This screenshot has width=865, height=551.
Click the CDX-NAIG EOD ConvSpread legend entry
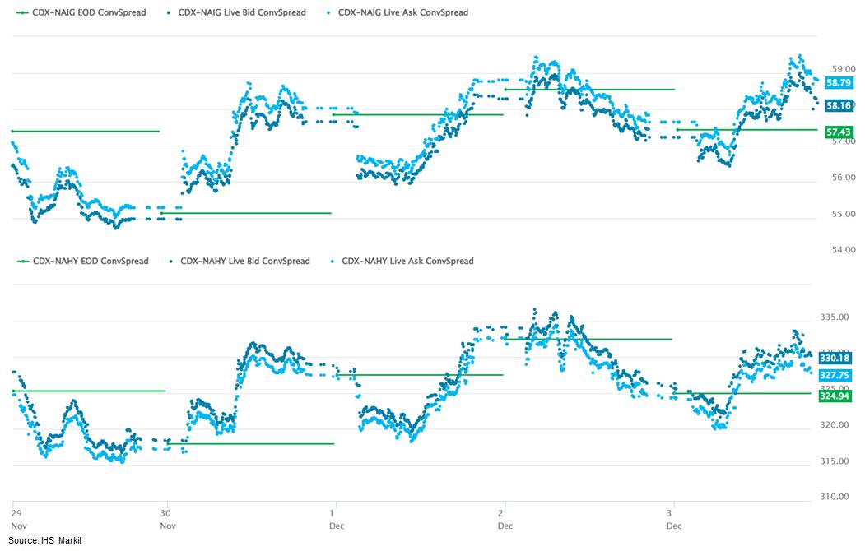tap(81, 12)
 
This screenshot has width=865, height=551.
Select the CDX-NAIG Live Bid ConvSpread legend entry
tap(236, 12)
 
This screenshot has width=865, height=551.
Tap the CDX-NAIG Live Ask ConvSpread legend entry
tap(398, 12)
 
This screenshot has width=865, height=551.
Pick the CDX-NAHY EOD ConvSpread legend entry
tap(83, 261)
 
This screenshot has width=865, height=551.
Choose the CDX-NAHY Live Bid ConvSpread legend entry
tap(240, 261)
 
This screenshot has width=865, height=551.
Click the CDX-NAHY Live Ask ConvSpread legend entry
tap(402, 261)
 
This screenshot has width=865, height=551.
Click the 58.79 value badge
tap(839, 82)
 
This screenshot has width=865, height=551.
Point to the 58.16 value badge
tap(839, 105)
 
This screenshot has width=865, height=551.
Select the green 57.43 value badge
tap(839, 132)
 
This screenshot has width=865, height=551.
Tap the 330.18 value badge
tap(834, 359)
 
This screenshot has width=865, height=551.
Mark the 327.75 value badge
tap(834, 375)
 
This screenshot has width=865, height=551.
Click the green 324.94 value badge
tap(834, 396)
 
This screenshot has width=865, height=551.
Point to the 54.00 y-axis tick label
tap(844, 250)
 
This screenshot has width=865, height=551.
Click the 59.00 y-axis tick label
tap(844, 69)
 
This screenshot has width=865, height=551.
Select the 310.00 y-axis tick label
tap(834, 497)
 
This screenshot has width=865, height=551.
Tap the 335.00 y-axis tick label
tap(834, 317)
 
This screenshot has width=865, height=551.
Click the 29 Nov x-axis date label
tap(18, 519)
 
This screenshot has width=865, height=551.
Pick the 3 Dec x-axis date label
tap(673, 519)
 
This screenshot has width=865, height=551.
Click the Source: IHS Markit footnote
tap(44, 540)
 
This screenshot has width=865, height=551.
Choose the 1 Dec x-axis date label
tap(336, 519)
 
